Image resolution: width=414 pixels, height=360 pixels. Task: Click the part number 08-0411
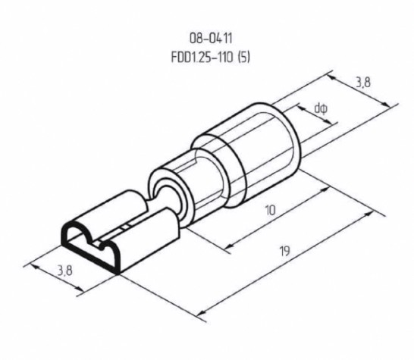click(211, 38)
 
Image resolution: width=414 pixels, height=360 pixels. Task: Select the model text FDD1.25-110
click(202, 58)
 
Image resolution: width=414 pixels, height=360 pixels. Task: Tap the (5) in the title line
click(243, 58)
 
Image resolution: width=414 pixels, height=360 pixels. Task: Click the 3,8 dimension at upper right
click(363, 83)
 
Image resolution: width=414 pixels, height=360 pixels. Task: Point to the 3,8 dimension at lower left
click(65, 271)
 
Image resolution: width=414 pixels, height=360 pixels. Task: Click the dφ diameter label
click(321, 108)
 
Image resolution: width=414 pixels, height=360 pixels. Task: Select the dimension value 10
click(270, 211)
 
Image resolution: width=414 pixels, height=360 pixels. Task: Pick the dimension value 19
click(285, 251)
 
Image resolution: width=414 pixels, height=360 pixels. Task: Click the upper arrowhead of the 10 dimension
click(325, 189)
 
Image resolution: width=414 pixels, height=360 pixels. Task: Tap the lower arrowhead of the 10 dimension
click(231, 246)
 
